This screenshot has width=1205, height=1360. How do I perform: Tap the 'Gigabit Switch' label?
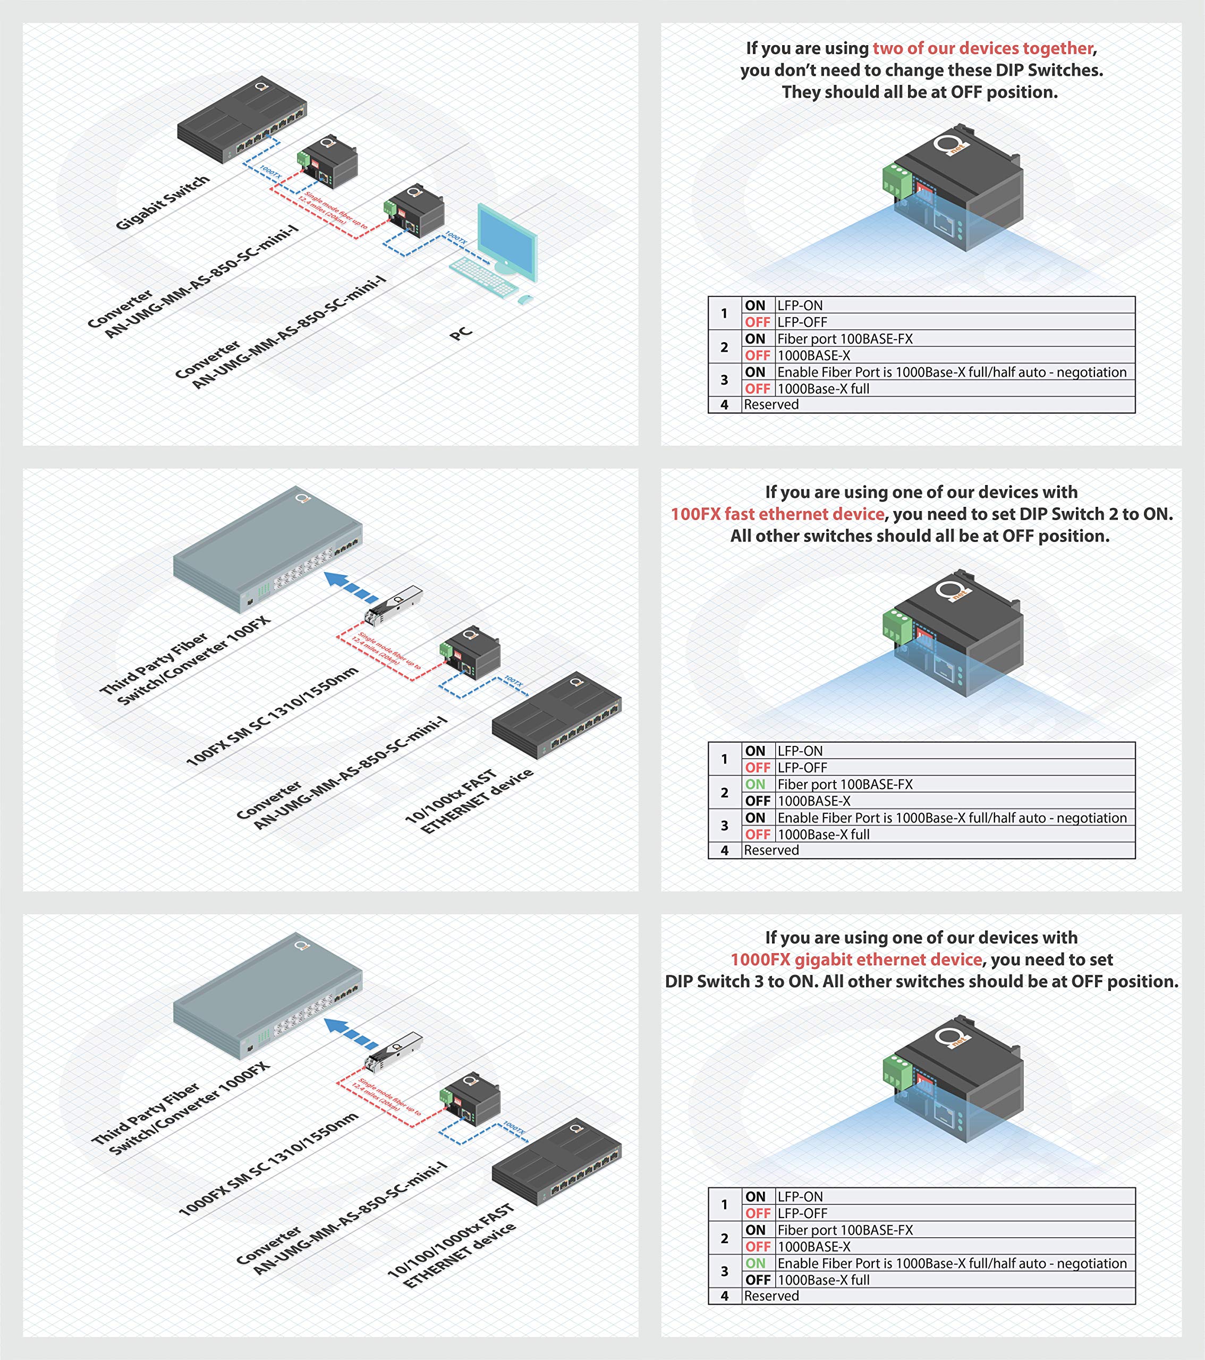[163, 203]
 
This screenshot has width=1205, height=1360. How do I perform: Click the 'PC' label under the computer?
[461, 333]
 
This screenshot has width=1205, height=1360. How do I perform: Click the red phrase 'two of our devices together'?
[982, 48]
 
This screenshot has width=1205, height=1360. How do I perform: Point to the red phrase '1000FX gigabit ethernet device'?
[856, 959]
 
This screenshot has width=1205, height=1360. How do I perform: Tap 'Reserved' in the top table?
[770, 404]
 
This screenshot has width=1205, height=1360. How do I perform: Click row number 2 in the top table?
[724, 347]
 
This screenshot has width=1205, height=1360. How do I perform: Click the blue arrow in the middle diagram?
[350, 585]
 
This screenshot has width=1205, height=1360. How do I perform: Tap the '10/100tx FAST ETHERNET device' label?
[469, 801]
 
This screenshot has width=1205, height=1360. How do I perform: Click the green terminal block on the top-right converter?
[896, 180]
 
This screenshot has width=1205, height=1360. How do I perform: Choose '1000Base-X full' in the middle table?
[823, 835]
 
